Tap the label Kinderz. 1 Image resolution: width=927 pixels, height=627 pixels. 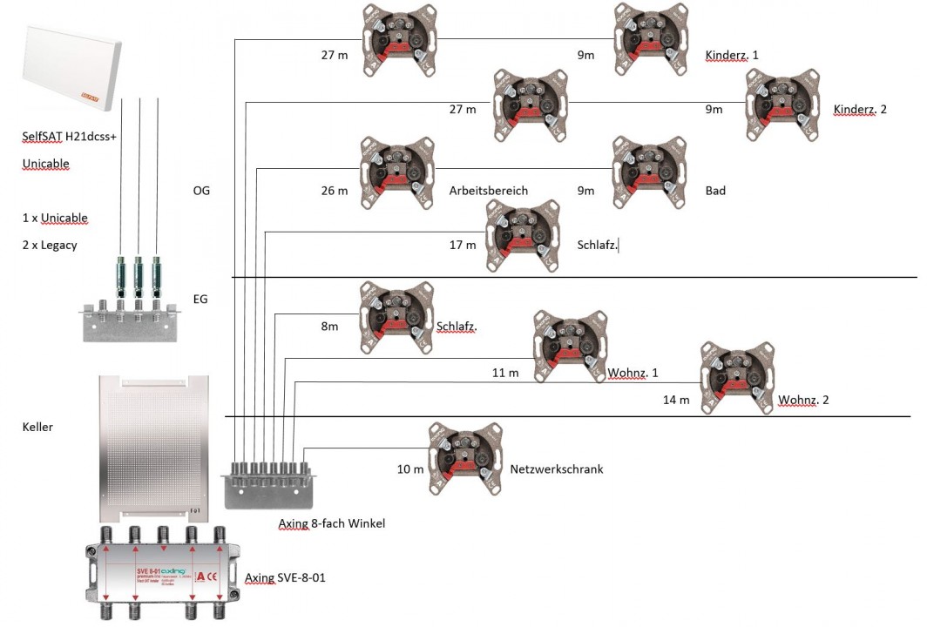click(731, 56)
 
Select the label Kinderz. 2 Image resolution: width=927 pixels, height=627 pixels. click(860, 110)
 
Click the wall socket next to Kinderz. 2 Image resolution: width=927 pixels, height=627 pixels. click(782, 104)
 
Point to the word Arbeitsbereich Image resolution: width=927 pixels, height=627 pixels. click(489, 191)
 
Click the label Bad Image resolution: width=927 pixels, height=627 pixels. click(715, 191)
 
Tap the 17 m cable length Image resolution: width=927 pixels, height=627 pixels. click(463, 245)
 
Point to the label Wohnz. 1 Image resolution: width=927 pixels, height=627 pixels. click(633, 373)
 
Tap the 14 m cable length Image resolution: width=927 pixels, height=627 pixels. click(676, 401)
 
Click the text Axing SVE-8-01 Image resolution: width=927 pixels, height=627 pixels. click(285, 577)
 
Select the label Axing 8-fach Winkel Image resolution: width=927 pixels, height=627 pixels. click(331, 523)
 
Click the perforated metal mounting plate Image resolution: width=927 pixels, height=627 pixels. click(153, 445)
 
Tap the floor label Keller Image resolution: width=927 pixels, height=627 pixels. click(37, 427)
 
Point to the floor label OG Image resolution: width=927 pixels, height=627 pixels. click(201, 190)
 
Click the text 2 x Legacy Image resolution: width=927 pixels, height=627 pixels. click(49, 245)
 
